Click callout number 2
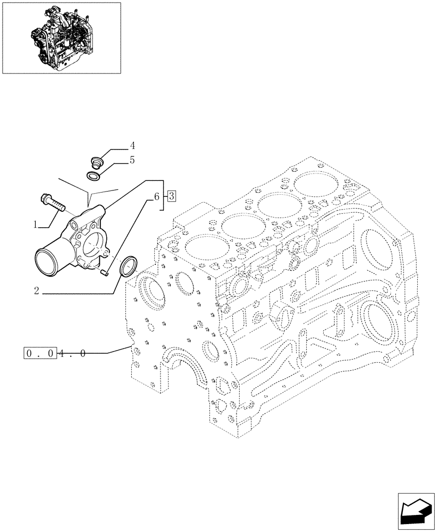tap(36, 290)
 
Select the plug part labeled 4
tap(97, 160)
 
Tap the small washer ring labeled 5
tap(94, 176)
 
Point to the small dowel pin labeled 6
tap(105, 273)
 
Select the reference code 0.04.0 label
tap(55, 353)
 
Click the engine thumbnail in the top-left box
tap(61, 37)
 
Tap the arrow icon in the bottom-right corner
tap(415, 510)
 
